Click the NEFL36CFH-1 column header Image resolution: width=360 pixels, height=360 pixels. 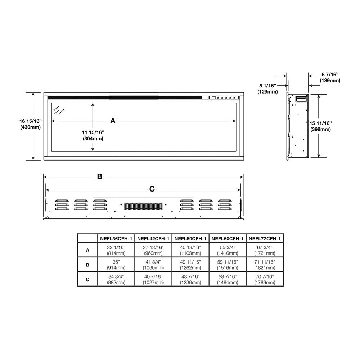(116, 238)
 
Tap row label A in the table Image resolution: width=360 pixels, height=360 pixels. (87, 250)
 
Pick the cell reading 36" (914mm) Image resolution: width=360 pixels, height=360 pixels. (116, 265)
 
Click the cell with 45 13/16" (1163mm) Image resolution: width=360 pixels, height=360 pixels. (190, 250)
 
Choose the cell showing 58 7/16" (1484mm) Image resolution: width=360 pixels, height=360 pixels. (228, 279)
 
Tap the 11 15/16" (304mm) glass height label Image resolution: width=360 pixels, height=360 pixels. (93, 135)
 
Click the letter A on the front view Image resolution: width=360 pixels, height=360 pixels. (113, 121)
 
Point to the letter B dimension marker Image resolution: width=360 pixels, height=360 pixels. (99, 176)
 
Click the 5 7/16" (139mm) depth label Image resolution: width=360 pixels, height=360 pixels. (330, 77)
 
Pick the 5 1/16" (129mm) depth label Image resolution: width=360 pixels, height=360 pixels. (267, 89)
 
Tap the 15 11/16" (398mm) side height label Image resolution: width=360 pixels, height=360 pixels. (320, 126)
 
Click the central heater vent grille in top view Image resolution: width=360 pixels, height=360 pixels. (143, 207)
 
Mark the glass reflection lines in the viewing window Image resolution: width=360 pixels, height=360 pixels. (59, 109)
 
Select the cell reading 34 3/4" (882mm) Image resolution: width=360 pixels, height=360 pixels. (116, 279)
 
